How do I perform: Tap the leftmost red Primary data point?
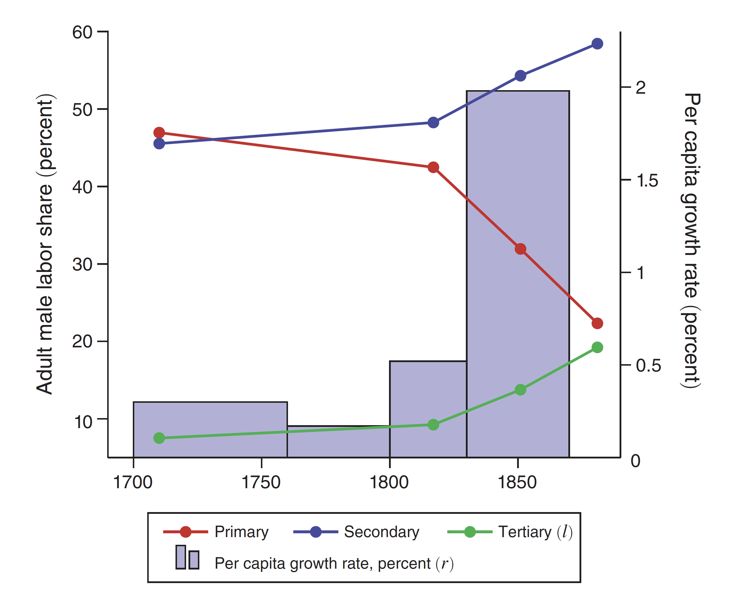click(159, 133)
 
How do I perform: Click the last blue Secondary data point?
click(597, 44)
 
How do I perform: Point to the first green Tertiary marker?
click(159, 438)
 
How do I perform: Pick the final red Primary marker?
click(597, 323)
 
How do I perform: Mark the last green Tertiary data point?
click(597, 347)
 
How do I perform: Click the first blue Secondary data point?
click(159, 143)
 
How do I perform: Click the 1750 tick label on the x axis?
click(261, 483)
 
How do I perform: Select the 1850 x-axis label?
click(517, 483)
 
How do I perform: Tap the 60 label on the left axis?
click(82, 32)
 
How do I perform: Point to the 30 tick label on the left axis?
click(82, 264)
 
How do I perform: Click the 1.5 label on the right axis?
click(647, 181)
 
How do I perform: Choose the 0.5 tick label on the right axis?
click(648, 366)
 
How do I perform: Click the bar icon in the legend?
click(187, 557)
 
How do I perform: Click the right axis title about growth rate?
click(691, 240)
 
